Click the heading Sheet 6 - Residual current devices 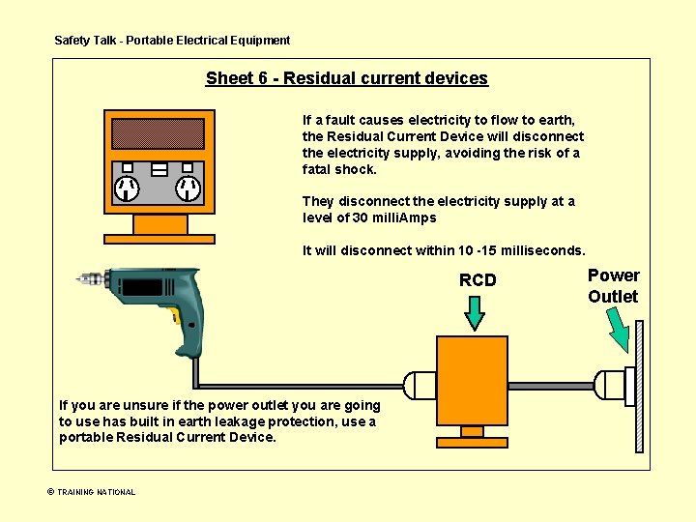click(x=346, y=79)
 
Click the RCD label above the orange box click(x=478, y=280)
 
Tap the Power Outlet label click(x=614, y=286)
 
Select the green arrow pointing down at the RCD click(x=476, y=312)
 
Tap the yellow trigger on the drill click(x=174, y=315)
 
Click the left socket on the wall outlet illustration click(x=127, y=188)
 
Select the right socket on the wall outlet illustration click(x=187, y=188)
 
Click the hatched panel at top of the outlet click(x=158, y=133)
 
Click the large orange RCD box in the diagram click(x=472, y=380)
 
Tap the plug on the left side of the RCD click(x=419, y=385)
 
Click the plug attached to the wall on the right click(x=612, y=386)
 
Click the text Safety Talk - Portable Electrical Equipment click(x=172, y=41)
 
